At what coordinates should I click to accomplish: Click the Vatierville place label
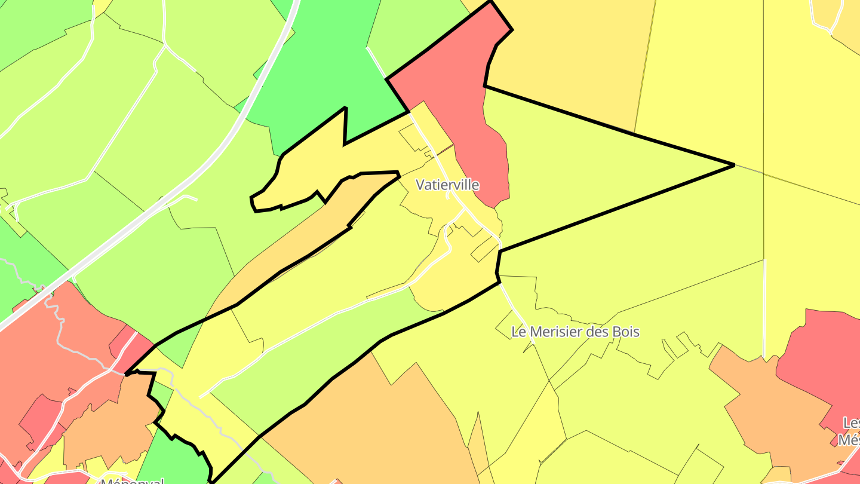[447, 185]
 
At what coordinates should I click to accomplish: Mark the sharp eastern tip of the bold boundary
[733, 164]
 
